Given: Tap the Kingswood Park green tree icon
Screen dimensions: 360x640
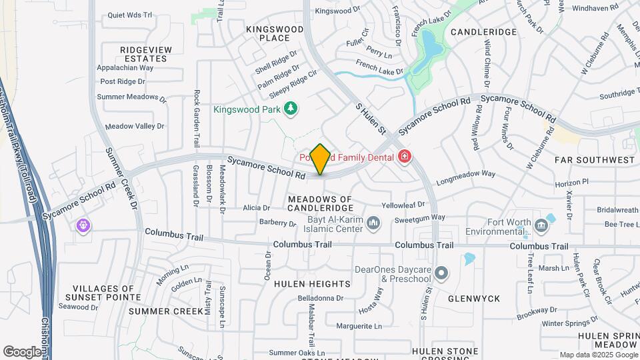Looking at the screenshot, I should click(x=290, y=108).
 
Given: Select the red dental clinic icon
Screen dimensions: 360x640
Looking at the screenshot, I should click(x=404, y=157).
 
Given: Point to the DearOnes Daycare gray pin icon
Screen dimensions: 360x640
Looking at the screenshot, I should click(x=443, y=274).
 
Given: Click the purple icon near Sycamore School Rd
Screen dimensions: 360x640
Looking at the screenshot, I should click(x=83, y=225).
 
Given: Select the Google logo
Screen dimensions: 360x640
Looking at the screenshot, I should click(x=22, y=351).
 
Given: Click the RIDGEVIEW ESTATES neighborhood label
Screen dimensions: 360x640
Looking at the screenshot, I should click(x=145, y=54).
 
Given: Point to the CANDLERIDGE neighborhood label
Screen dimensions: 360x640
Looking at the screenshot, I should click(x=484, y=32).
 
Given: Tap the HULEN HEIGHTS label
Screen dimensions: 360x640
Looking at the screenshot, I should click(x=312, y=283).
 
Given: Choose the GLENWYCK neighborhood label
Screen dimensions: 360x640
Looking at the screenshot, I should click(x=474, y=299).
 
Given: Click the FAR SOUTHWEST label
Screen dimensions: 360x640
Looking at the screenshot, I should click(x=595, y=160).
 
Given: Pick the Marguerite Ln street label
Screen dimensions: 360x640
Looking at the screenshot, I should click(x=359, y=326).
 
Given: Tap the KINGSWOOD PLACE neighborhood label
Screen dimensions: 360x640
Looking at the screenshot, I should click(x=275, y=33).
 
